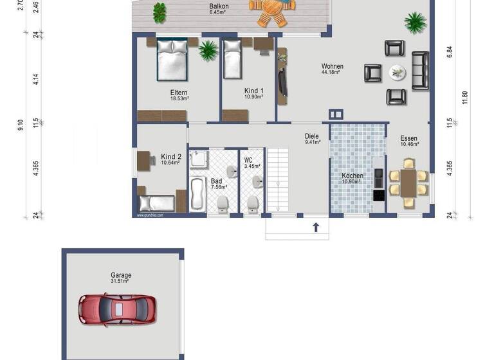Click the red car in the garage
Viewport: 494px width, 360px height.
point(118,309)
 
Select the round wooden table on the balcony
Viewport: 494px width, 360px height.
point(271,11)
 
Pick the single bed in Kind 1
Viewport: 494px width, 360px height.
point(232,60)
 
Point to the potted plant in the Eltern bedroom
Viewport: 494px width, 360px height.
point(208,50)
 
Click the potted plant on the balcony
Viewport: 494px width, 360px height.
point(159,12)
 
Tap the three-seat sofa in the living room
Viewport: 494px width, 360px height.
point(420,70)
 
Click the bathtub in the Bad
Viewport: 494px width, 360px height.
point(197,194)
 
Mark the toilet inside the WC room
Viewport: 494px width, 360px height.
point(253,204)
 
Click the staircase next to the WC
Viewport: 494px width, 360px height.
point(278,180)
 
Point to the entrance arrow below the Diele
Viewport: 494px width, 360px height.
point(316,227)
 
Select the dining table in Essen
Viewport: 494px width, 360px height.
point(408,183)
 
